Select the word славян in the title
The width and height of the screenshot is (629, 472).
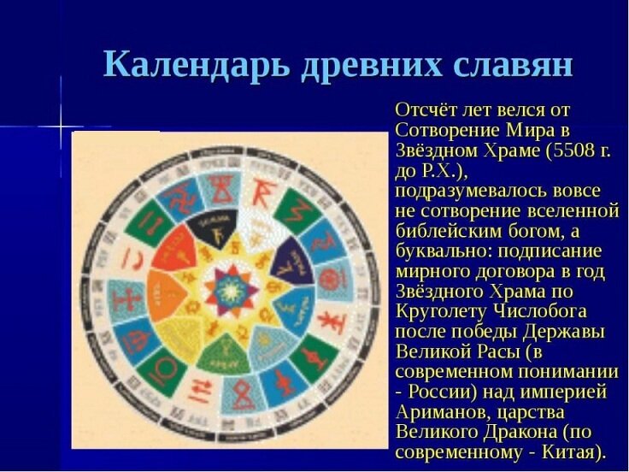point(515,65)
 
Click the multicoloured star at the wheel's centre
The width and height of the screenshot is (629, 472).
point(230,289)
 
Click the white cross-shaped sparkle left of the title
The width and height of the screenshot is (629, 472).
point(61,126)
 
